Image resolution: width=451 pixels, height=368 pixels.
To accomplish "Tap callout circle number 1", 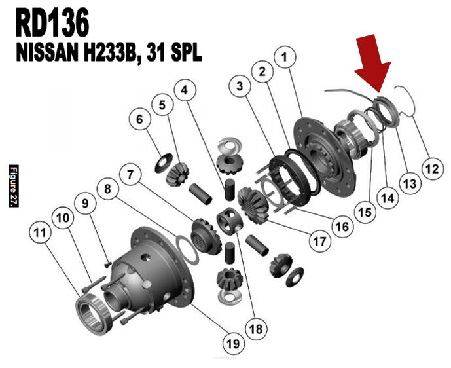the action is coord(285,57).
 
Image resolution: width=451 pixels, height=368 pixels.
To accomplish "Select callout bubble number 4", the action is coord(185,90).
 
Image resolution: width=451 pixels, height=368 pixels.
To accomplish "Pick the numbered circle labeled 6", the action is coord(140,119).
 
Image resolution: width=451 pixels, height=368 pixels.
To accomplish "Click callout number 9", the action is coord(85,204).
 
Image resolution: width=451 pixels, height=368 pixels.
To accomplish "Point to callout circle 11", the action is coord(41,232).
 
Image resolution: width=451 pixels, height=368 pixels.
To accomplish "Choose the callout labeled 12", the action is coord(432,169).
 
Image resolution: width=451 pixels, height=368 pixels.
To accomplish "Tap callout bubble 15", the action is coord(365,212).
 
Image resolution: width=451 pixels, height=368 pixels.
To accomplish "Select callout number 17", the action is coord(320,242).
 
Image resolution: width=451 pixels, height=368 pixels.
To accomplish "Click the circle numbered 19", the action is coord(234,343).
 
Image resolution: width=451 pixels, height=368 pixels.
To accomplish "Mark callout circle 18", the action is coord(257,329).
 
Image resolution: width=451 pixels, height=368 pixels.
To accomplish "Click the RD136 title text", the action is coord(52,22).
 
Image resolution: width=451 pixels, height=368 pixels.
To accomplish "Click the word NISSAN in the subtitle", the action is coord(48,54).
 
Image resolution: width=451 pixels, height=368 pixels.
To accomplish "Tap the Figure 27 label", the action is coord(14,186).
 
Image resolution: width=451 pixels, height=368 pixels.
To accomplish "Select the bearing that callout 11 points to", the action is coord(94,314).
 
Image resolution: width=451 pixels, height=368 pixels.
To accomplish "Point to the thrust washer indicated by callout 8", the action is coord(187,249).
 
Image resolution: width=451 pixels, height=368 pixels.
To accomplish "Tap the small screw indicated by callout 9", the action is coord(107,264).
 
